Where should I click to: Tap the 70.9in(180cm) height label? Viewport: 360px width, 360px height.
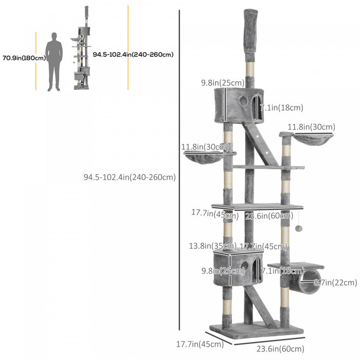pyautogui.click(x=24, y=58)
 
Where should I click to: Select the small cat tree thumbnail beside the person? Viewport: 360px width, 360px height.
pyautogui.click(x=82, y=49)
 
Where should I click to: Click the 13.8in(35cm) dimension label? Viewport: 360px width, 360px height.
pyautogui.click(x=212, y=246)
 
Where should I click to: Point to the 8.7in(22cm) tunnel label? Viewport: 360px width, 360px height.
pyautogui.click(x=335, y=282)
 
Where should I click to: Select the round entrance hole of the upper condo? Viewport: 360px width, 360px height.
pyautogui.click(x=243, y=101)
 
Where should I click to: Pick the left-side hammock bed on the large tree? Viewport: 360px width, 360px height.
pyautogui.click(x=204, y=157)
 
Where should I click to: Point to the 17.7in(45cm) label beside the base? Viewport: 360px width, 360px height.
pyautogui.click(x=201, y=344)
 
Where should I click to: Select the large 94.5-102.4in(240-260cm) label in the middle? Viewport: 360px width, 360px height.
pyautogui.click(x=130, y=177)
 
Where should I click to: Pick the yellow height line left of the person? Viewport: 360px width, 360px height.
pyautogui.click(x=36, y=61)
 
